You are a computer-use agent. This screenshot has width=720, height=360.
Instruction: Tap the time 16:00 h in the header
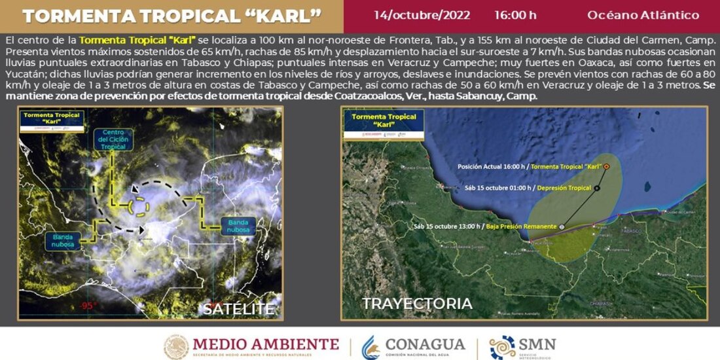pos(515,15)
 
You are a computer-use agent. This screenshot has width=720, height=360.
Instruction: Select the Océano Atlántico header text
pos(643,15)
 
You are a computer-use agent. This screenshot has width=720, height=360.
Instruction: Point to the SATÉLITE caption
pos(238,308)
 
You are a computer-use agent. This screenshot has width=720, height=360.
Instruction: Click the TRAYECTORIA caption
pos(417,304)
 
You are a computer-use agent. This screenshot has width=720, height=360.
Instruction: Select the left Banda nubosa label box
pos(63,240)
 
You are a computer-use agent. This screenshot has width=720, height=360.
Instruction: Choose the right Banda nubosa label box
pos(239,226)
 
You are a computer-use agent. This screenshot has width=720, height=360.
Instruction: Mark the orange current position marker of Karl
pos(607,166)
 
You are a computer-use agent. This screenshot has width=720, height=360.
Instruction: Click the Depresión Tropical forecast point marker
pos(598,188)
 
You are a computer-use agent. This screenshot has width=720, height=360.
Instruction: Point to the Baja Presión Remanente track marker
pos(562,226)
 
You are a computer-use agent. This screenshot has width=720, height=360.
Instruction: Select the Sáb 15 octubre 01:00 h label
pos(497,188)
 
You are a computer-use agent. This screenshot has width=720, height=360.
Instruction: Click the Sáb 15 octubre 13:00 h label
pos(447,226)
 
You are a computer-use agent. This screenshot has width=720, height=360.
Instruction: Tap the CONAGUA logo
pos(414,346)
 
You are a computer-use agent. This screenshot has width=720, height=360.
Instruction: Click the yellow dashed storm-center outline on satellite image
pos(139,207)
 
